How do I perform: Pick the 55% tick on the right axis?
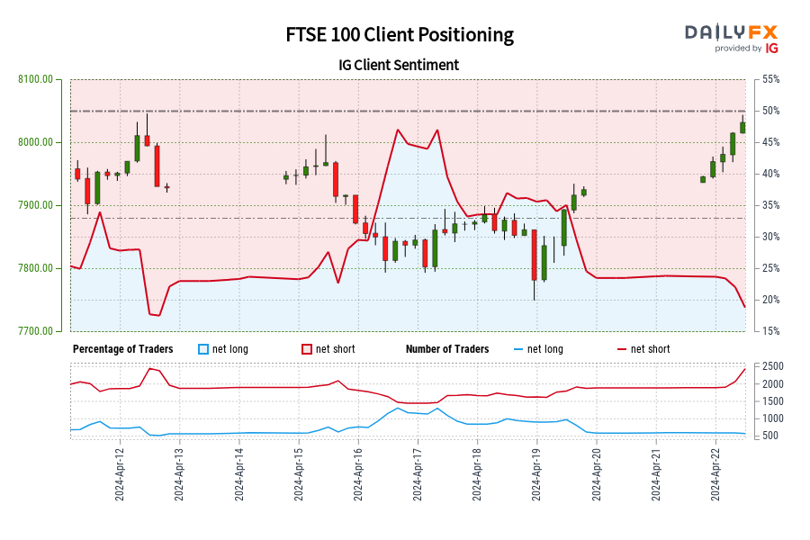tap(770, 79)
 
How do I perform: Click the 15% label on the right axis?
tap(770, 331)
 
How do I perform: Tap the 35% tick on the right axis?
tap(770, 205)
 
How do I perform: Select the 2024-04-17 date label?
tap(418, 474)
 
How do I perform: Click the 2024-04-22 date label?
tap(716, 474)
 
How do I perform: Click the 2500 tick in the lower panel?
tap(773, 366)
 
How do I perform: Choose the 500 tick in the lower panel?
tap(773, 436)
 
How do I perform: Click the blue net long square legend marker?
tap(203, 349)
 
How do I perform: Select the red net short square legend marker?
tap(306, 349)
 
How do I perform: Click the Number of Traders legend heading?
tap(447, 349)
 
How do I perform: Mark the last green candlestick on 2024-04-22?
tap(742, 127)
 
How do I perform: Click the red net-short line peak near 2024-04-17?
tap(397, 130)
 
